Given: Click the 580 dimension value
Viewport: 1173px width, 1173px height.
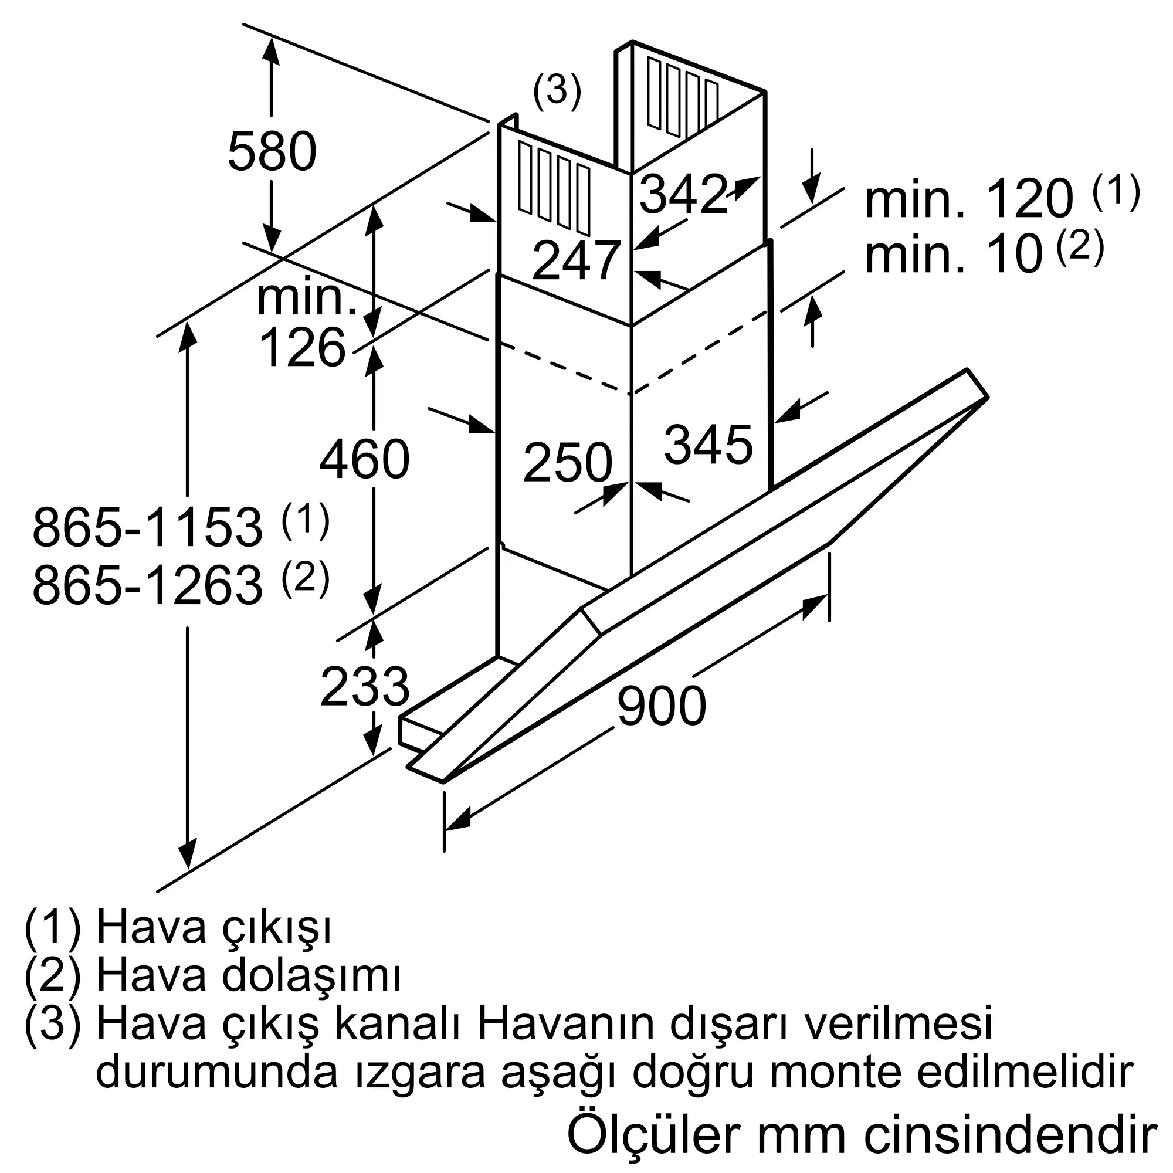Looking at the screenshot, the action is (272, 152).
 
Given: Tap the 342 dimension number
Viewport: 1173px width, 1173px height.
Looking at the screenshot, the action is (683, 194).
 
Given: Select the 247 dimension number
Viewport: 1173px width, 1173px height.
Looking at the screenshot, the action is (576, 260).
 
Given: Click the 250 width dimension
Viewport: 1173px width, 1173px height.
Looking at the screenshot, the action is (567, 463).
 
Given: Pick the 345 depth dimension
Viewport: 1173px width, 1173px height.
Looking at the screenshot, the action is (708, 445).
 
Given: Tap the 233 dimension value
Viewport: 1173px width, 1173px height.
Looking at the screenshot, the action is (364, 687).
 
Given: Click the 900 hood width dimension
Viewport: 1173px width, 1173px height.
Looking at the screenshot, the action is (661, 706).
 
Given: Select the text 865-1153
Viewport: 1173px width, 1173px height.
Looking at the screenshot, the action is (148, 528).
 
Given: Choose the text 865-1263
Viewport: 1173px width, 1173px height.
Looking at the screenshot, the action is (148, 585).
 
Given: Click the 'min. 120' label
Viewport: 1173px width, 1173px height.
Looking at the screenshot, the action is (968, 199).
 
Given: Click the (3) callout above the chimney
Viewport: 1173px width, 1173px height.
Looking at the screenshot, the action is (557, 91).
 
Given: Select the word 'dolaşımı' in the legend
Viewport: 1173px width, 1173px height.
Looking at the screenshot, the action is (310, 977).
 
